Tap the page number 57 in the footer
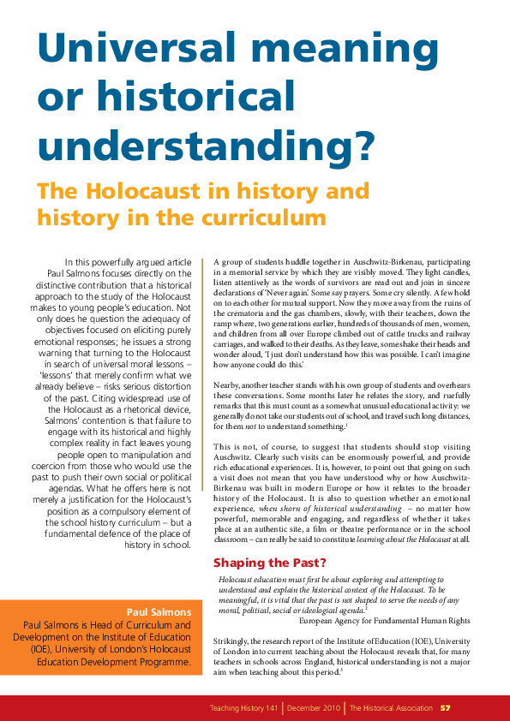(446, 708)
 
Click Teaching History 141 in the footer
(246, 708)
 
